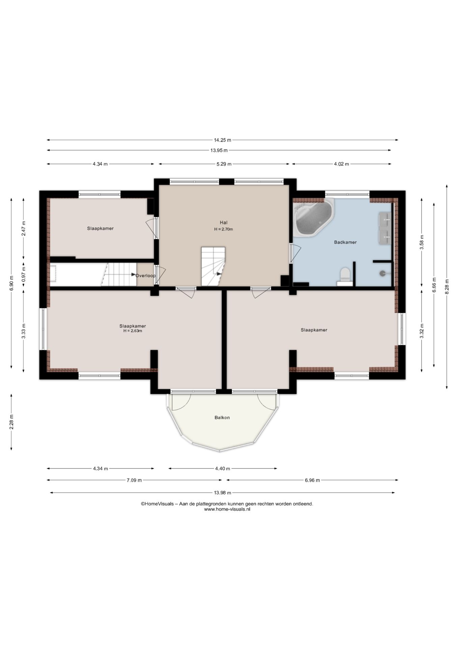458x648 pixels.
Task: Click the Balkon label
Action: pos(222,417)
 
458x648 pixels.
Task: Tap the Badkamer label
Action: pos(345,242)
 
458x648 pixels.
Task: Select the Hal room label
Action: pos(224,222)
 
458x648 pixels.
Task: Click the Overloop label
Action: pos(146,275)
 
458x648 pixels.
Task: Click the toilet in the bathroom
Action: pos(345,276)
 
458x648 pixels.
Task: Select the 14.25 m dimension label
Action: pos(223,140)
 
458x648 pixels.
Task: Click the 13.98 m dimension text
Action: pos(222,493)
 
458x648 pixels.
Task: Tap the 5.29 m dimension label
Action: pos(224,164)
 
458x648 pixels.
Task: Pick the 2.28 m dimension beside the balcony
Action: pos(11,422)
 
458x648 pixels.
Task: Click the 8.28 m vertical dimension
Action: pos(447,287)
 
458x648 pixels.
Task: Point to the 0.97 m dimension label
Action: pos(24,274)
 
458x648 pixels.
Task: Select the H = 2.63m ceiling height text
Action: pos(133,331)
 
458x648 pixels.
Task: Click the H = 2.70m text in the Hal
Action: pos(224,229)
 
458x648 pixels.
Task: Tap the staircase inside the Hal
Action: pos(213,266)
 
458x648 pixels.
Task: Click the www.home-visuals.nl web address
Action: pos(227,509)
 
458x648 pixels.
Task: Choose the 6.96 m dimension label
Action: pos(312,480)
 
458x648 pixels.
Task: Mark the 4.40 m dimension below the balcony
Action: pos(223,468)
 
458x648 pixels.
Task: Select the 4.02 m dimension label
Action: pos(342,164)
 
